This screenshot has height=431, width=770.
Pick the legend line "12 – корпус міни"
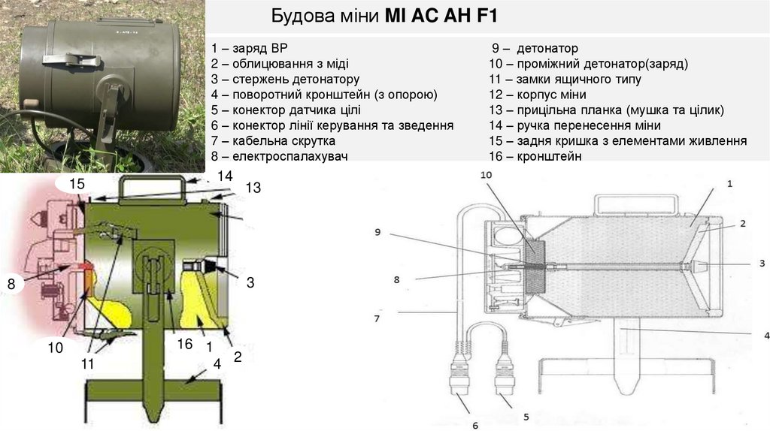coord(537,95)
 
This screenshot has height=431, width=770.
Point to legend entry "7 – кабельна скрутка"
coord(273,140)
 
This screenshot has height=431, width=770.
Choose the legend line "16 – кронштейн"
coord(535,156)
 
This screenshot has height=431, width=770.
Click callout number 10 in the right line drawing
coord(485,174)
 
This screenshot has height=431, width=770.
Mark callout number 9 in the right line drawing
coord(377,232)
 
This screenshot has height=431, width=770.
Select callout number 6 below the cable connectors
coord(474,426)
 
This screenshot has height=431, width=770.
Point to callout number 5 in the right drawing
coord(526,415)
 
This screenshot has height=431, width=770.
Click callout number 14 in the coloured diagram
coord(226,176)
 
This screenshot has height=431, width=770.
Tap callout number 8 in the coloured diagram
coord(11,284)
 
